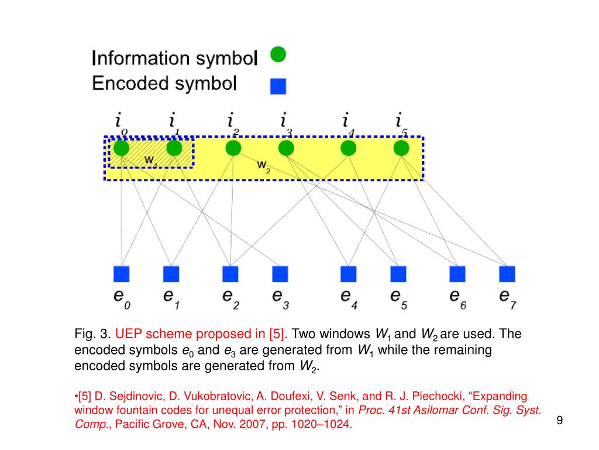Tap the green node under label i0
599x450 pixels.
point(121,148)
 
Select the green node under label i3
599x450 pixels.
point(286,148)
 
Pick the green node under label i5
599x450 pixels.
point(401,148)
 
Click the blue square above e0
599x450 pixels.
point(121,274)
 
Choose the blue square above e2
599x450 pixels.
point(230,274)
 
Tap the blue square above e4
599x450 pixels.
point(348,274)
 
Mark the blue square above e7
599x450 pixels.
point(507,274)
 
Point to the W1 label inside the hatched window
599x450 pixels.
point(151,159)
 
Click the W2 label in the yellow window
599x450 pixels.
point(264,166)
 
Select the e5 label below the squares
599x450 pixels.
point(397,296)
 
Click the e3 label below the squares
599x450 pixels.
point(280,296)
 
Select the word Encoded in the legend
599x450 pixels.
point(129,83)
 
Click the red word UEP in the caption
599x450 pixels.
point(128,334)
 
